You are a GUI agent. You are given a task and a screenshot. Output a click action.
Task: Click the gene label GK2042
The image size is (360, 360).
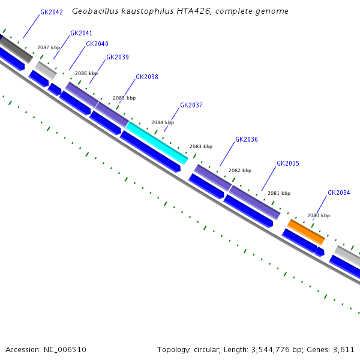(x=52, y=12)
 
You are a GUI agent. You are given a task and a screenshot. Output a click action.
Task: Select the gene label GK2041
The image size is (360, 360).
(x=81, y=33)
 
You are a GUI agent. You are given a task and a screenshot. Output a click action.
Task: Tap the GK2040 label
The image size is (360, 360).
(x=97, y=44)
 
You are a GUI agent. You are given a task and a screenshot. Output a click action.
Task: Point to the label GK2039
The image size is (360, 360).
(x=117, y=58)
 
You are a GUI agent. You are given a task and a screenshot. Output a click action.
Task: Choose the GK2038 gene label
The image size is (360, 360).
(x=147, y=77)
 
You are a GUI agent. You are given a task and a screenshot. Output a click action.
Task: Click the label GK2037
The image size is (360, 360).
(x=191, y=106)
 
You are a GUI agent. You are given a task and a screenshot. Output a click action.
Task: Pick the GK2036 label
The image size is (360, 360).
(x=247, y=139)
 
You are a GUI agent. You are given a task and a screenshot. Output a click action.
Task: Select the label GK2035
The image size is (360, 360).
(x=288, y=163)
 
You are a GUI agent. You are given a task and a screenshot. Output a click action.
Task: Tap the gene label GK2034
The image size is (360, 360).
(x=339, y=193)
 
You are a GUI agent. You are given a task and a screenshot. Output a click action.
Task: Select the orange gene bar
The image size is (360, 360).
(x=306, y=232)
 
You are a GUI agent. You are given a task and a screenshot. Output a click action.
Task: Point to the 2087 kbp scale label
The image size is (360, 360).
(x=49, y=47)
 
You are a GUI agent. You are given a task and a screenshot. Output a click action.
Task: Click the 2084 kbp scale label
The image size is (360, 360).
(x=162, y=122)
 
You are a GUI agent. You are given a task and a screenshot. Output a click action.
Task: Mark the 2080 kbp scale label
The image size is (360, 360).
(x=319, y=215)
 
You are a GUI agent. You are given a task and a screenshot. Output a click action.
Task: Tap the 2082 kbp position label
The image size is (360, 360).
(x=240, y=170)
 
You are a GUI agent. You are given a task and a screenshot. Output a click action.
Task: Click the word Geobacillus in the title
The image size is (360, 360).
(x=95, y=11)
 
